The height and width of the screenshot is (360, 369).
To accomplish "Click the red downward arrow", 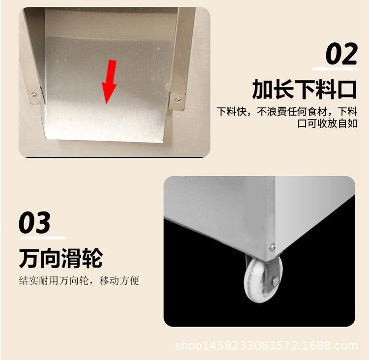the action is (x=109, y=81).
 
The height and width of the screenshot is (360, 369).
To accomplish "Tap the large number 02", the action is (x=342, y=54).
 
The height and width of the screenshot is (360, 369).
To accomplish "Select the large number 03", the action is (x=34, y=222).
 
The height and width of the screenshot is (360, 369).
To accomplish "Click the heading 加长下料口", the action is (x=304, y=89).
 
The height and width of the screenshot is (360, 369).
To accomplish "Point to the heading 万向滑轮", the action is (x=61, y=258).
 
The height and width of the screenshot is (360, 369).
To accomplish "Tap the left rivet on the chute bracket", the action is (x=34, y=95).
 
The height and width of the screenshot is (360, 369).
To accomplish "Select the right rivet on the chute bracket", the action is (x=179, y=100).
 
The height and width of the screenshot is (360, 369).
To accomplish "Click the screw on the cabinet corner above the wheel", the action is (x=272, y=247).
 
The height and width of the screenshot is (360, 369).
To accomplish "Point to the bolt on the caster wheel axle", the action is (x=276, y=281).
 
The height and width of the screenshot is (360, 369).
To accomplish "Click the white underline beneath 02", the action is (x=335, y=69).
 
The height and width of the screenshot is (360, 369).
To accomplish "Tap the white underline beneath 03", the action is (x=43, y=238).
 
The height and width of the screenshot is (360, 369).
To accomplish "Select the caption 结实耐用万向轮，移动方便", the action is (x=79, y=280).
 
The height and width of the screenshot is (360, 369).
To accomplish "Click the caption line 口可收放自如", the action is (x=327, y=123).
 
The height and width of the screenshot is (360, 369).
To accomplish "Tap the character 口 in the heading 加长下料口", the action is (x=347, y=90).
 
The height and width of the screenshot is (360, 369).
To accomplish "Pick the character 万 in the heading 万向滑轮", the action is (x=29, y=258).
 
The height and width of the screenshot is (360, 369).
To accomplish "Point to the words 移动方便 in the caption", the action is (x=120, y=280).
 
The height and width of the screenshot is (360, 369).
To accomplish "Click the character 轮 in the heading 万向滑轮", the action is (x=92, y=258).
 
